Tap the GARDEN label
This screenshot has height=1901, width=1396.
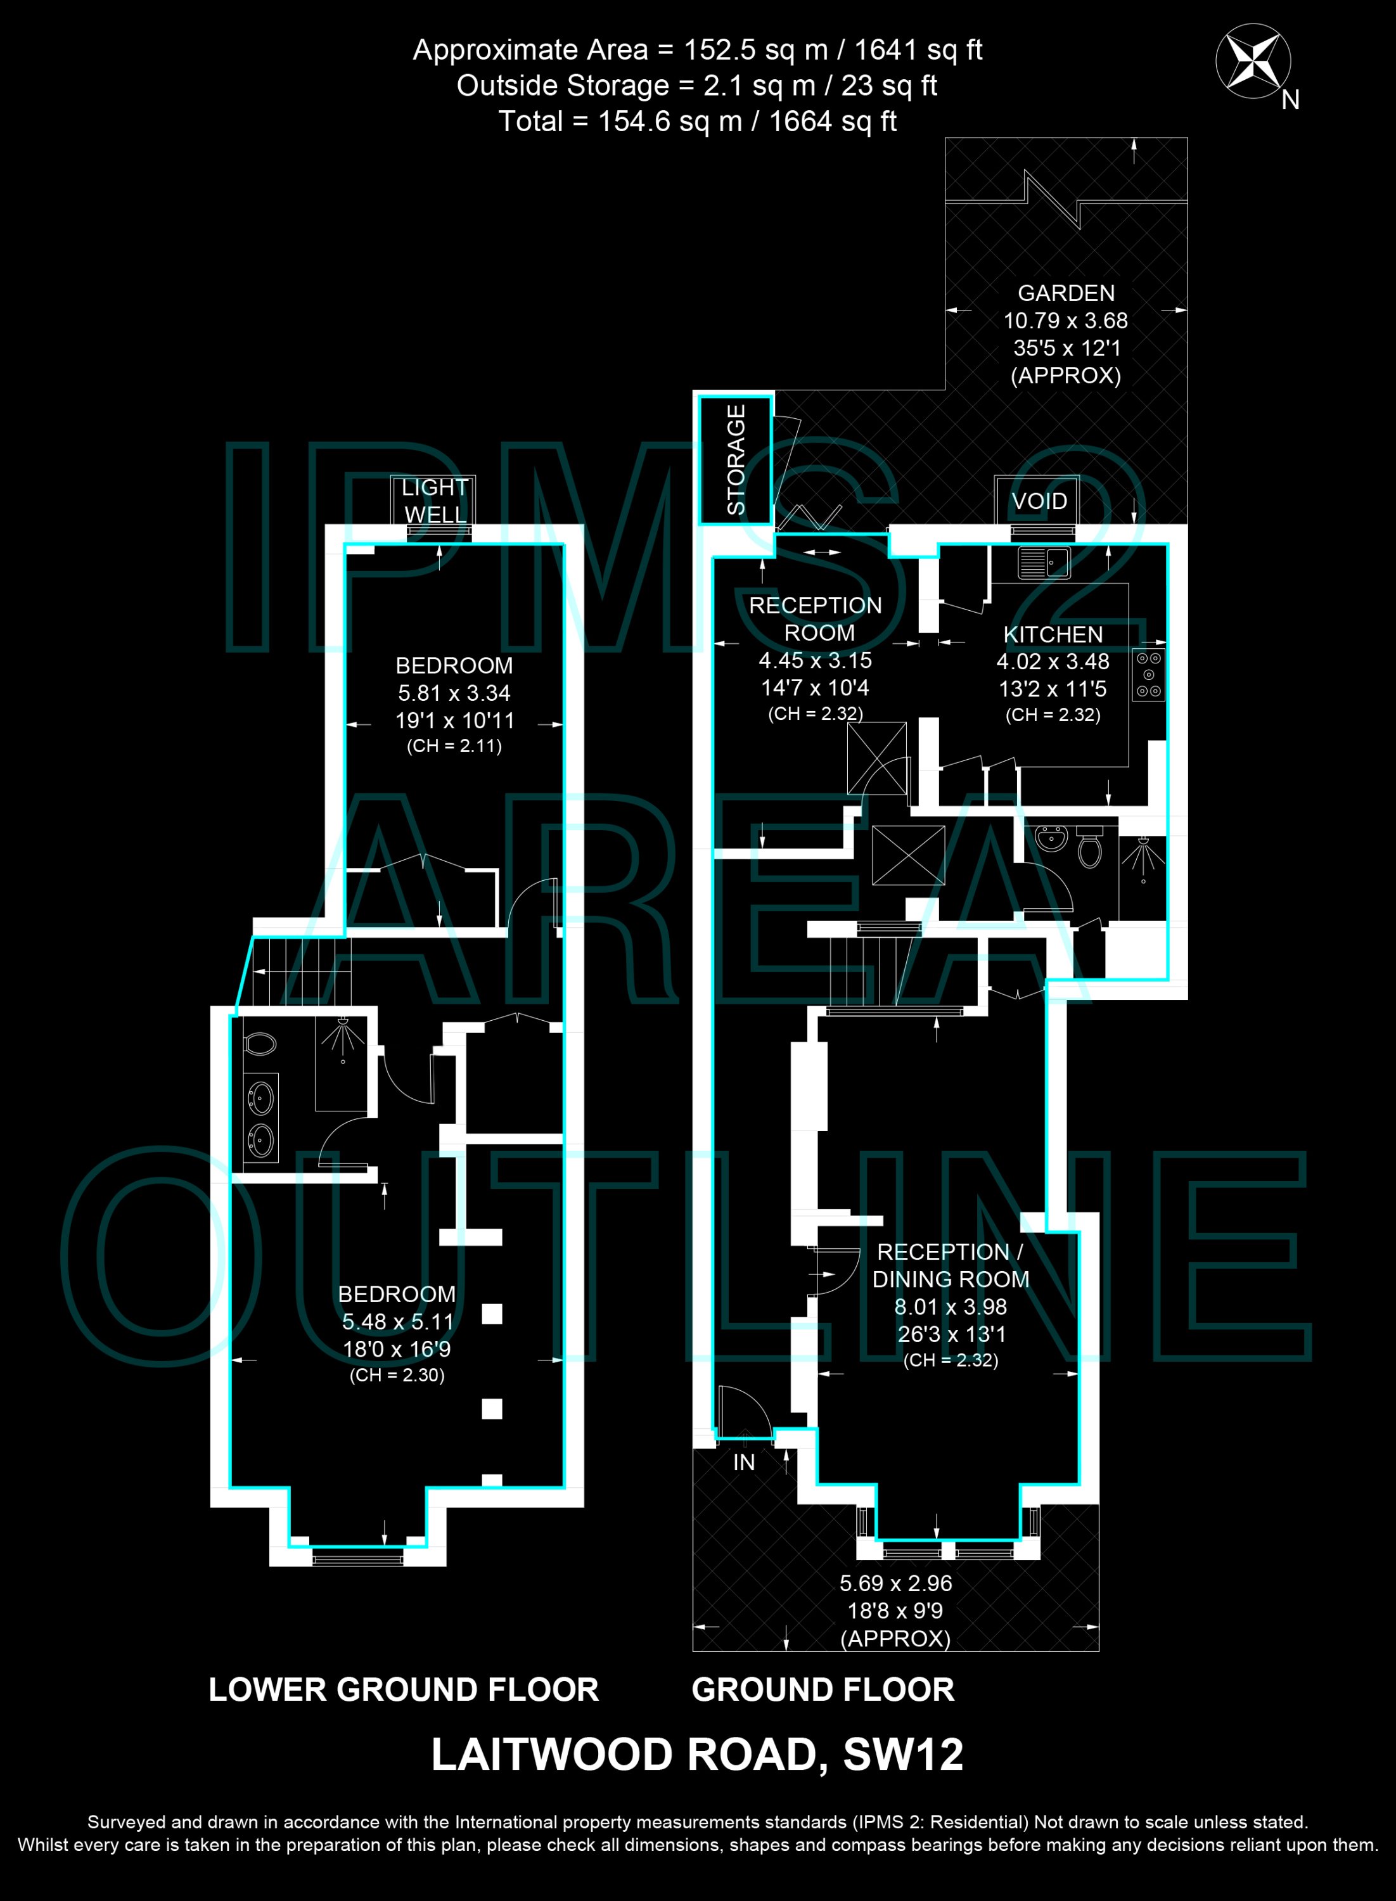(1066, 293)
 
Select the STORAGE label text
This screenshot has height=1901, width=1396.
(736, 459)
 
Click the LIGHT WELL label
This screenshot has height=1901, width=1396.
(434, 501)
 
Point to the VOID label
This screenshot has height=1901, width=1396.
(1039, 501)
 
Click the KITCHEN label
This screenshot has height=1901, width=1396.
(1053, 634)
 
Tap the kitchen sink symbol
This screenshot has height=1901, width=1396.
(1044, 562)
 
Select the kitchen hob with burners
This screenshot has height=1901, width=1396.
(1148, 674)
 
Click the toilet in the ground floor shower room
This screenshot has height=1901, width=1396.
(1090, 847)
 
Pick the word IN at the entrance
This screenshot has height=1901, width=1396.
(744, 1463)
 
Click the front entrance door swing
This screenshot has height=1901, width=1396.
(742, 1412)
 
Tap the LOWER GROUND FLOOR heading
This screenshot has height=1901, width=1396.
(404, 1690)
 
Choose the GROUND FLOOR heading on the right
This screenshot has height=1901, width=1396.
(823, 1690)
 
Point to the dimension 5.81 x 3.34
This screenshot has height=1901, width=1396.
(454, 693)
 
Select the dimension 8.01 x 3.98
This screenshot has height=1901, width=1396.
(951, 1307)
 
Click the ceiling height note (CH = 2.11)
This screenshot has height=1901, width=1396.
(454, 746)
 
